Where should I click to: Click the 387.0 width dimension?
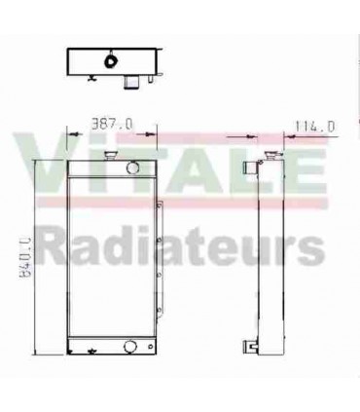pyautogui.click(x=110, y=124)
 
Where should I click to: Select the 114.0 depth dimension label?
pyautogui.click(x=314, y=125)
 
